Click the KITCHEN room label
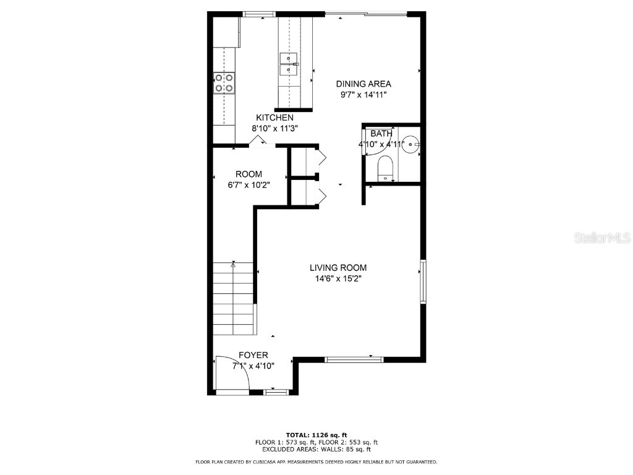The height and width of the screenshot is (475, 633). (x=274, y=118)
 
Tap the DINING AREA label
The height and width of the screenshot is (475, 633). (x=363, y=84)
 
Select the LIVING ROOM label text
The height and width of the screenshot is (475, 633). (x=338, y=268)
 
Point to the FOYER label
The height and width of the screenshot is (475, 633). (x=253, y=355)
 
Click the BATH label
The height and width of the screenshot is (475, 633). (x=381, y=134)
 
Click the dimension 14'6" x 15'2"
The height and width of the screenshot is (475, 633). (x=338, y=279)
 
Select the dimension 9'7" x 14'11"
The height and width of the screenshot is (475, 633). (x=363, y=95)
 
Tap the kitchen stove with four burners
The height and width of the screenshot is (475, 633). (x=224, y=83)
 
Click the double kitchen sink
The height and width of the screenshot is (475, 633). (x=289, y=64)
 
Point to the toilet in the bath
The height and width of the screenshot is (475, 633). (x=385, y=169)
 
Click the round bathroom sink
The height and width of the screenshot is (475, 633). (x=410, y=143)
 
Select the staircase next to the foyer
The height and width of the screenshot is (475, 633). (x=234, y=297)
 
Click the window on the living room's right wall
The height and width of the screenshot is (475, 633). (x=423, y=281)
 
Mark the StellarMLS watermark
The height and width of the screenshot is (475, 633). (x=602, y=238)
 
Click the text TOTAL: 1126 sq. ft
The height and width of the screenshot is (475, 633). (x=316, y=434)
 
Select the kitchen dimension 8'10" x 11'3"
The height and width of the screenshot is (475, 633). (x=274, y=129)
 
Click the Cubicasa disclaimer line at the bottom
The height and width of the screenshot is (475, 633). (x=316, y=462)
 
